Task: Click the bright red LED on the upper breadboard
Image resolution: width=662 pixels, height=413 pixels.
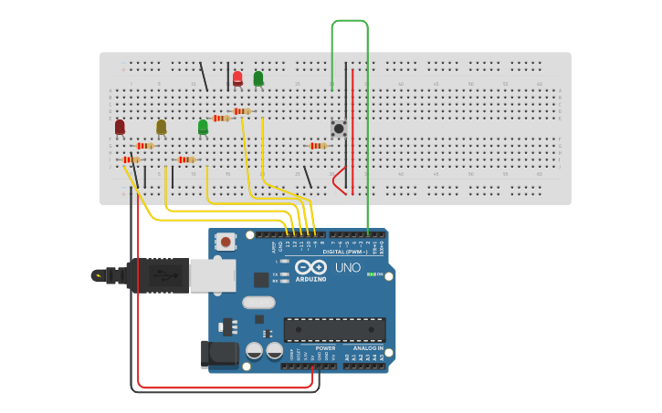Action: (x=237, y=78)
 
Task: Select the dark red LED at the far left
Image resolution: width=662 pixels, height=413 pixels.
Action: (x=120, y=127)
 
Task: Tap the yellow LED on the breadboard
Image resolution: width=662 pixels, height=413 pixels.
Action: (x=162, y=127)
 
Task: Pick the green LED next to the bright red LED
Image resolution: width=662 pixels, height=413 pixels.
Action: (x=258, y=78)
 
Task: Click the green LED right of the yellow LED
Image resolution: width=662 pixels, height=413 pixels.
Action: (x=203, y=127)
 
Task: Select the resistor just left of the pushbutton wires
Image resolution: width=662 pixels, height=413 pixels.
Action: (x=318, y=146)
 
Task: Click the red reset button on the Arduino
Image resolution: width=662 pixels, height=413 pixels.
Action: (x=225, y=242)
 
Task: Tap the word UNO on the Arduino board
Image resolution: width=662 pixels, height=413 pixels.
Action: (x=348, y=268)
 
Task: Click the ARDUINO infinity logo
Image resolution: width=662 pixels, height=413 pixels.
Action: (x=310, y=267)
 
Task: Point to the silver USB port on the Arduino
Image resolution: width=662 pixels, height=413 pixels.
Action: (x=212, y=275)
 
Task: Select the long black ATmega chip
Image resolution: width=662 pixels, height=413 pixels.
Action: (x=334, y=329)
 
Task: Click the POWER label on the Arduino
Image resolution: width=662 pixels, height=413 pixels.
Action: (x=325, y=348)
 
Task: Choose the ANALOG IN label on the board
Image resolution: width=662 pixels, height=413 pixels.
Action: (x=368, y=348)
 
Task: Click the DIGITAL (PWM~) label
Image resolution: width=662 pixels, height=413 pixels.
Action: (x=346, y=252)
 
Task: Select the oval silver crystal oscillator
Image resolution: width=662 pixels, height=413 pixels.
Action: (x=258, y=303)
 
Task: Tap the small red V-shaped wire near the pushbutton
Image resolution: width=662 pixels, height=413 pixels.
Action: (x=340, y=181)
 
